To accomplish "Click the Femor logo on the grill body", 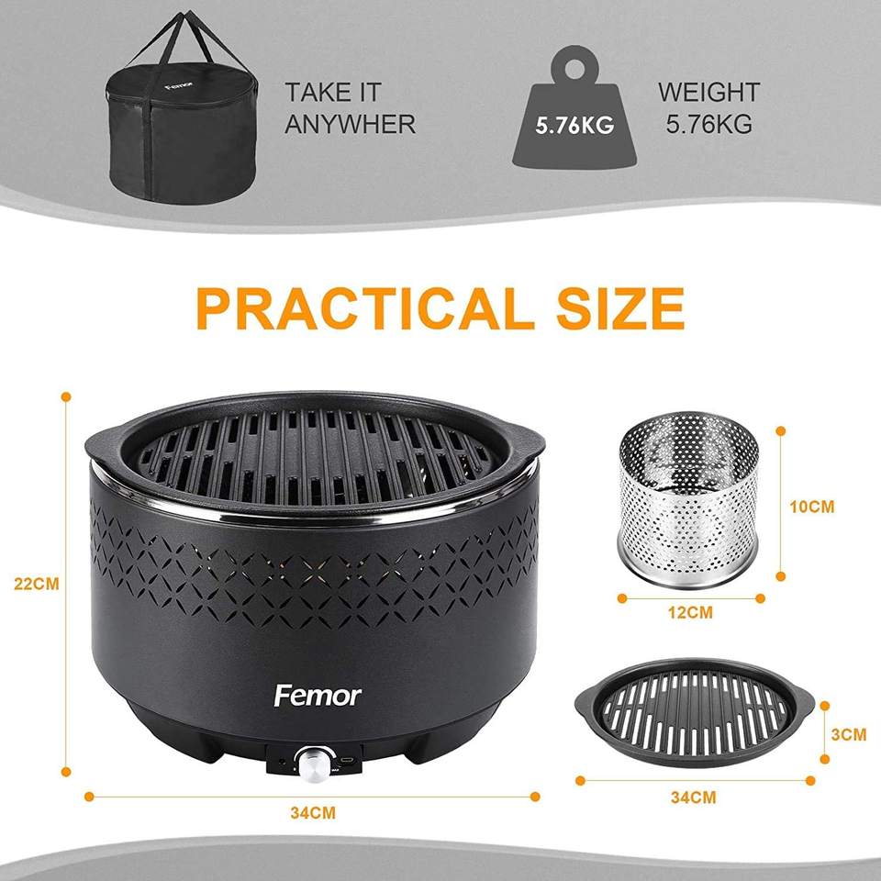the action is pyautogui.click(x=318, y=697).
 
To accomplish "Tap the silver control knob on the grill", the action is pyautogui.click(x=314, y=764).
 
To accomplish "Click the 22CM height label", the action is pyautogui.click(x=37, y=584).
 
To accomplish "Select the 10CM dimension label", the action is pyautogui.click(x=812, y=507).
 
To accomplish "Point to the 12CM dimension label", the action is pyautogui.click(x=690, y=612).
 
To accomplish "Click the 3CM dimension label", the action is pyautogui.click(x=848, y=734).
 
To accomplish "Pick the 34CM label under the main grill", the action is pyautogui.click(x=313, y=813).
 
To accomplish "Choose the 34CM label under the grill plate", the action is pyautogui.click(x=694, y=797).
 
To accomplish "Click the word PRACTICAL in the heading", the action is pyautogui.click(x=365, y=308).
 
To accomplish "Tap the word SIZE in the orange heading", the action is pyautogui.click(x=620, y=308).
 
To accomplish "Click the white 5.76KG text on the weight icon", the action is pyautogui.click(x=574, y=126).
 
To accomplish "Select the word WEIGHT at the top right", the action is pyautogui.click(x=709, y=92).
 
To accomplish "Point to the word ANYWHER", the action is pyautogui.click(x=350, y=124).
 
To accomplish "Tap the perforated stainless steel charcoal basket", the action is pyautogui.click(x=688, y=499).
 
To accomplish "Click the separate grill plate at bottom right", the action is pyautogui.click(x=694, y=713).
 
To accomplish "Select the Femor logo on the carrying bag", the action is pyautogui.click(x=179, y=86).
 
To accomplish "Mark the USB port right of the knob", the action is pyautogui.click(x=349, y=760).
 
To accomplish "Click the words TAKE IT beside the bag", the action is pyautogui.click(x=333, y=92).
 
